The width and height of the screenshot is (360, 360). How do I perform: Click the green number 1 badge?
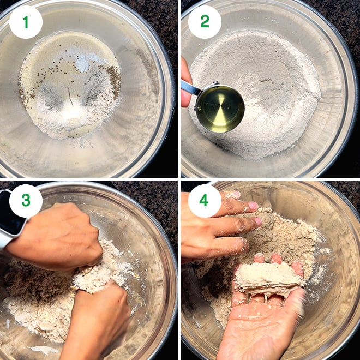pos(26,22)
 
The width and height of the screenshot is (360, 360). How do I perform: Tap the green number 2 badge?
pos(205,22)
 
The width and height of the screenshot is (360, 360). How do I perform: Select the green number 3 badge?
pos(26,201)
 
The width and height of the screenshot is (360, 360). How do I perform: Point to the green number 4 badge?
pos(205,201)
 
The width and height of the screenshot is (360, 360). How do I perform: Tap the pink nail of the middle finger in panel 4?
pos(258,221)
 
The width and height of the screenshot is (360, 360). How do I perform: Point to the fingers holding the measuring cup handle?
pos(185,83)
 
